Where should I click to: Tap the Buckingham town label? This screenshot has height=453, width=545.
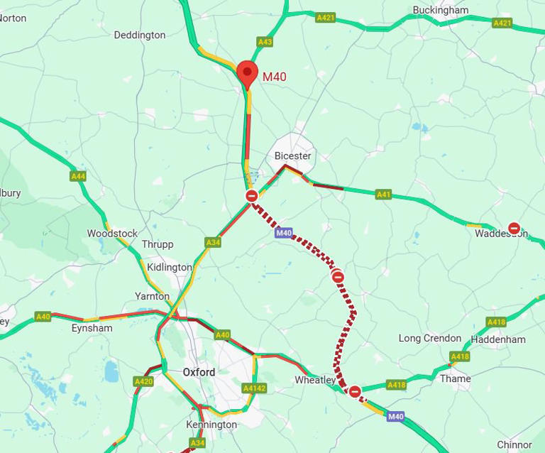pyautogui.click(x=441, y=11)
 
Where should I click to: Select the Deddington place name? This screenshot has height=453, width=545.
pyautogui.click(x=140, y=35)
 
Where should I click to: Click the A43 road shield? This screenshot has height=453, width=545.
pyautogui.click(x=265, y=42)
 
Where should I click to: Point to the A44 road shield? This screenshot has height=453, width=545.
pyautogui.click(x=78, y=175)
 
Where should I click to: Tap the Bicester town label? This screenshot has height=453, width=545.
pyautogui.click(x=292, y=155)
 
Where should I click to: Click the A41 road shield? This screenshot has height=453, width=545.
pyautogui.click(x=383, y=194)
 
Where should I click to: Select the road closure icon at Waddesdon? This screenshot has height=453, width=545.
pyautogui.click(x=514, y=229)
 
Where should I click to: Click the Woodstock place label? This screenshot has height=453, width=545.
pyautogui.click(x=112, y=234)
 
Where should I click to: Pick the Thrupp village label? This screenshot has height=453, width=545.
pyautogui.click(x=157, y=244)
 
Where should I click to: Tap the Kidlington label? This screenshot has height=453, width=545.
pyautogui.click(x=169, y=268)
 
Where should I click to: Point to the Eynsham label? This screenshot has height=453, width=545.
pyautogui.click(x=92, y=328)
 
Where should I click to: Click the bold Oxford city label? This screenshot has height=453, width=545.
pyautogui.click(x=199, y=372)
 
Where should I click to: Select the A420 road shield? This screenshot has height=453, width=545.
pyautogui.click(x=143, y=381)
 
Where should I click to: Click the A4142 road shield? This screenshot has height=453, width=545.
pyautogui.click(x=253, y=388)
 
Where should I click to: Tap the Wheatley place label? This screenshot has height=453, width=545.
pyautogui.click(x=315, y=380)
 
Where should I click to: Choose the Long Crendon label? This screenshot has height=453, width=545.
pyautogui.click(x=429, y=338)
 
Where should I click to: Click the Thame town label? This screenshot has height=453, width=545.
pyautogui.click(x=455, y=378)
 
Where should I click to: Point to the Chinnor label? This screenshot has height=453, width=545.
pyautogui.click(x=514, y=444)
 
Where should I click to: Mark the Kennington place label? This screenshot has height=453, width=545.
pyautogui.click(x=211, y=425)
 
